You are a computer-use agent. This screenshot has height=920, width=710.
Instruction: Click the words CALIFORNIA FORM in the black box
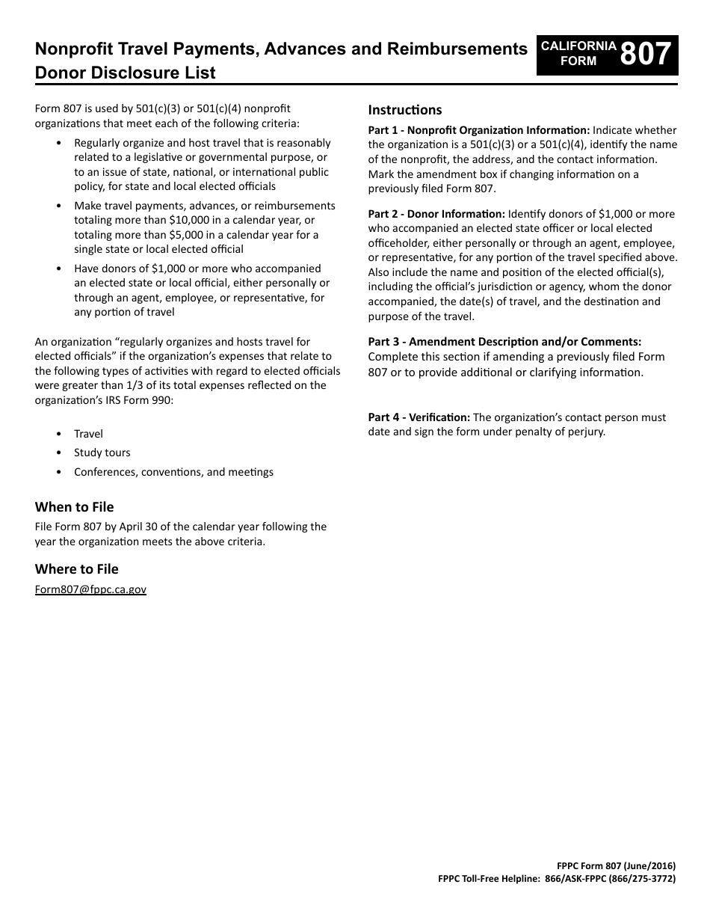[x=578, y=54]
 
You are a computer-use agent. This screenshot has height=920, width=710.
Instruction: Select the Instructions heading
[x=404, y=110]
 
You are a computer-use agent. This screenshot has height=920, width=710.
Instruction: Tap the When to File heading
[x=74, y=507]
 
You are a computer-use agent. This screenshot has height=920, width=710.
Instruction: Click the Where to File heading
[x=76, y=569]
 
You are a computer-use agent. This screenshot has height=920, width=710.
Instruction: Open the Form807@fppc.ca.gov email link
[x=90, y=589]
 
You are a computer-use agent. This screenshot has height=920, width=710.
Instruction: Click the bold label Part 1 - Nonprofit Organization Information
[x=478, y=130]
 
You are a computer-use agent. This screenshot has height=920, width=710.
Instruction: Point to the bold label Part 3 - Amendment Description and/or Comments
[x=504, y=342]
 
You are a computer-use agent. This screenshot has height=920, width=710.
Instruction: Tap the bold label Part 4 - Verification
[x=419, y=417]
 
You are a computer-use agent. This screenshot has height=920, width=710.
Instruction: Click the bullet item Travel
[x=88, y=434]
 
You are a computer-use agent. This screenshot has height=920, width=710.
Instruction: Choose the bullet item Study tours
[x=102, y=453]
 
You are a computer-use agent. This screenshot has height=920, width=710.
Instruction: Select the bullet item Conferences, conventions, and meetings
[x=173, y=472]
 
